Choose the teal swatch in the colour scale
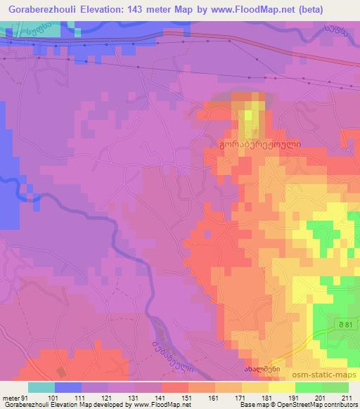(41, 387)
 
